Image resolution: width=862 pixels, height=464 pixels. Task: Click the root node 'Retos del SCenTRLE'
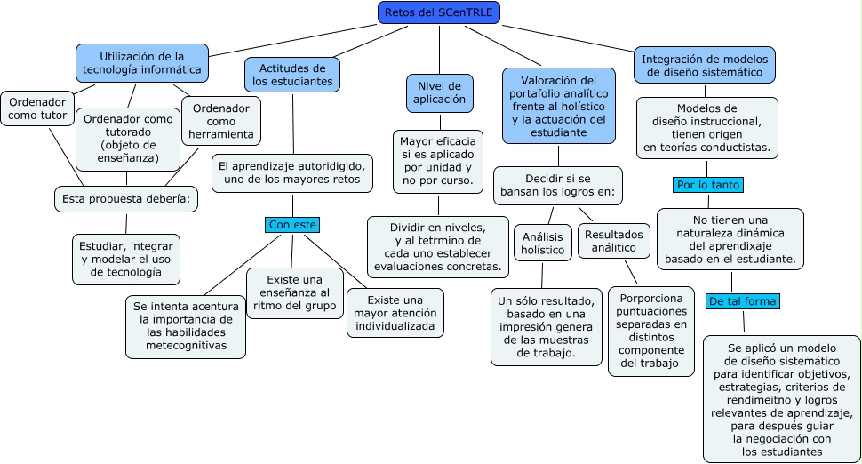[439, 12]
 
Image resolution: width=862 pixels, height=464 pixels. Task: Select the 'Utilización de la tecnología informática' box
[142, 63]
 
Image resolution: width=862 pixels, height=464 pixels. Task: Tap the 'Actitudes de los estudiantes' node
[292, 75]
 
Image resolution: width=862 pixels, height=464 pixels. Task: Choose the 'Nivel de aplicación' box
[440, 92]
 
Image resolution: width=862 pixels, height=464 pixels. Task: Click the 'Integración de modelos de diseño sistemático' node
[706, 65]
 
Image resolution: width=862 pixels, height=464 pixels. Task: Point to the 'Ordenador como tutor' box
[36, 109]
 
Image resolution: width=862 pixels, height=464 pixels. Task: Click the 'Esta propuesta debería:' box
[125, 198]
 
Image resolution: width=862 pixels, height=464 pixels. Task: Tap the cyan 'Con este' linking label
[292, 225]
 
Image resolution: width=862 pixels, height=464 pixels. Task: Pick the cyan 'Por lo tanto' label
[707, 185]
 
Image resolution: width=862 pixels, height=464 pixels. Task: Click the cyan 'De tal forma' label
[743, 301]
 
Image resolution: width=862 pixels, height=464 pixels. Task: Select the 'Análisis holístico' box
[542, 243]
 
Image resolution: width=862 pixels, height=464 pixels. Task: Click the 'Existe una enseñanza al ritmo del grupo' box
[294, 292]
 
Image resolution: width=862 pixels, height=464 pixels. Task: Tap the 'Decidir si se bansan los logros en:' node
[557, 185]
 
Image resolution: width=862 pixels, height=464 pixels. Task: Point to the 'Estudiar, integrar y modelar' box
[126, 259]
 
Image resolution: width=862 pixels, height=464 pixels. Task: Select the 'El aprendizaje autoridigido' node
[291, 172]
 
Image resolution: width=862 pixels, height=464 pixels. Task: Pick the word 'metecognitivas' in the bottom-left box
[186, 345]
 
